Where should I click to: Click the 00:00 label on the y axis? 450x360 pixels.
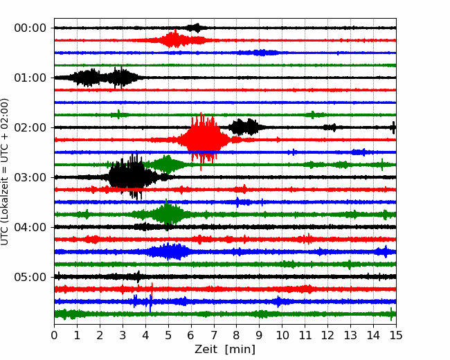[30, 28]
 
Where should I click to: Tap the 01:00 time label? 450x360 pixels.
[30, 78]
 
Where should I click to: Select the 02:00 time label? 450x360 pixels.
[30, 127]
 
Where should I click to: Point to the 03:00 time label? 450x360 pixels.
[30, 177]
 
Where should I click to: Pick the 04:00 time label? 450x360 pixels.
[30, 227]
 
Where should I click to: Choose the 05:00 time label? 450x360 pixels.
[30, 277]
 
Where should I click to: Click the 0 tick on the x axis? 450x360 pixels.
[54, 335]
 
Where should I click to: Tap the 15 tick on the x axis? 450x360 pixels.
[396, 335]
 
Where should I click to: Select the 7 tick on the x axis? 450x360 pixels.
[214, 335]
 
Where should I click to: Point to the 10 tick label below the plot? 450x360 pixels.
[282, 335]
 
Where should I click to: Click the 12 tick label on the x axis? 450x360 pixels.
[327, 335]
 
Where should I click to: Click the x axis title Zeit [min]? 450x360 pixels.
[225, 350]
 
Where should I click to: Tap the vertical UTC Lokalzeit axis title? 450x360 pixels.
[5, 172]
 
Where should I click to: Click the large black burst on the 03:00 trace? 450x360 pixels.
[132, 177]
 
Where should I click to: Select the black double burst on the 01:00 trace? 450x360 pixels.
[105, 78]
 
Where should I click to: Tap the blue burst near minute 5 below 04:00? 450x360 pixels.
[169, 251]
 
